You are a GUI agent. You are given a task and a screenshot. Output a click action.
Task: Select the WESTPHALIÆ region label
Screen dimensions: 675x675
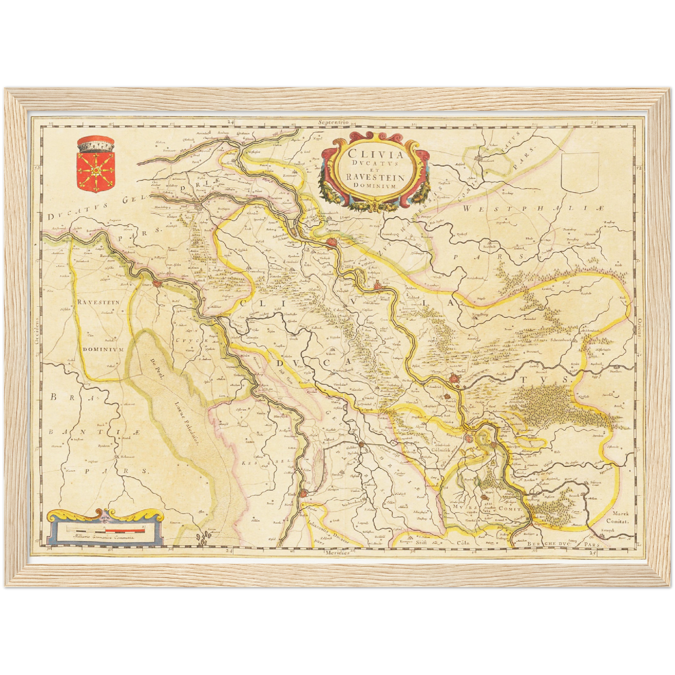coord(533,209)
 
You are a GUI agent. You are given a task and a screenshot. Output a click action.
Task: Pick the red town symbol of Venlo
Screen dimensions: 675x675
coord(305,493)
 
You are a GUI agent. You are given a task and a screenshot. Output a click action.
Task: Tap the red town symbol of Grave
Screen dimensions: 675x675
coord(158,284)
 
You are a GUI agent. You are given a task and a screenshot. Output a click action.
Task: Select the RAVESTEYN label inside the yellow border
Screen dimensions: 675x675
coord(99,302)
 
